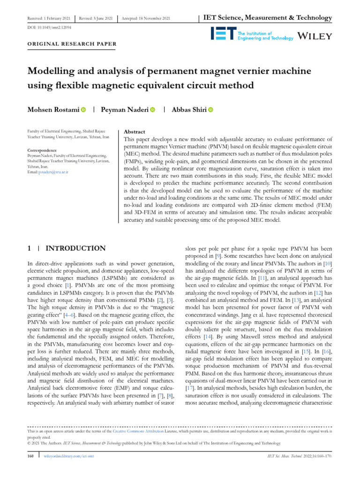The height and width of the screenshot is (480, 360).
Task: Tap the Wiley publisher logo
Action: (x=315, y=36)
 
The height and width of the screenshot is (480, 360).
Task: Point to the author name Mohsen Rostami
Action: (x=53, y=110)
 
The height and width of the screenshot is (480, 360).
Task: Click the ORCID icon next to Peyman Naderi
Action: (x=152, y=110)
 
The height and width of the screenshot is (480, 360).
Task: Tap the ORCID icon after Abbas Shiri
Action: (x=210, y=110)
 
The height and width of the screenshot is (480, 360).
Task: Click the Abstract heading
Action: (x=134, y=132)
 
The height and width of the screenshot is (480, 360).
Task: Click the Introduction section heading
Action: (x=75, y=248)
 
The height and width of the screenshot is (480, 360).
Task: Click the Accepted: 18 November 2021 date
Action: (x=146, y=18)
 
